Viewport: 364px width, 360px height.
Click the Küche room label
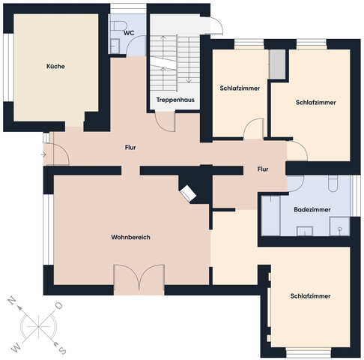click(x=55, y=66)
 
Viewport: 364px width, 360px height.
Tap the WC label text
click(x=129, y=33)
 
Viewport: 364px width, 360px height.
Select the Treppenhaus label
click(x=175, y=100)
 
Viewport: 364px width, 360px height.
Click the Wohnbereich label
click(x=130, y=237)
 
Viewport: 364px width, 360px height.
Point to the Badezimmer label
click(x=312, y=209)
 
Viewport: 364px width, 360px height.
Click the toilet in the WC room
click(x=118, y=25)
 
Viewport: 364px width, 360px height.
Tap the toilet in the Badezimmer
click(x=333, y=184)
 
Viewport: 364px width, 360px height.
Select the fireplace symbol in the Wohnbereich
click(x=188, y=193)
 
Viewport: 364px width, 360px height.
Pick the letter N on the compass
click(x=12, y=300)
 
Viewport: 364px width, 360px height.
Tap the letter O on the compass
click(x=58, y=306)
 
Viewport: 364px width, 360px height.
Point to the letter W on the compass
click(x=16, y=348)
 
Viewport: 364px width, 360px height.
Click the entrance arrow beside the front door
click(x=43, y=154)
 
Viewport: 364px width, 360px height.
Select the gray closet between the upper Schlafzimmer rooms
click(x=277, y=64)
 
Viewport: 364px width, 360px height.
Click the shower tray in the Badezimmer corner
click(x=339, y=226)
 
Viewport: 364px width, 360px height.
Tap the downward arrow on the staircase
click(x=189, y=60)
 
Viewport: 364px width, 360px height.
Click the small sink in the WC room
click(x=115, y=46)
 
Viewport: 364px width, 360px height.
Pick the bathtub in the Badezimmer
click(x=270, y=215)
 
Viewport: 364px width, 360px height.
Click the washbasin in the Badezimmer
click(x=305, y=231)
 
